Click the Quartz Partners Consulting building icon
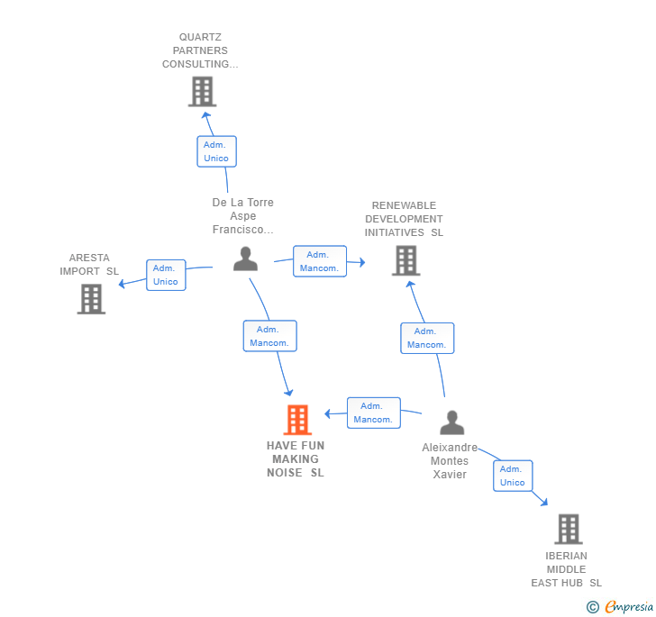pos(202,91)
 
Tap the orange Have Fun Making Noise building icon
pos(297,420)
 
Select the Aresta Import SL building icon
pos(91,299)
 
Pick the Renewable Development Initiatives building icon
pos(406,260)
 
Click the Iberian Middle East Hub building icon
pos(568,529)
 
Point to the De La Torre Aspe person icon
pos(245,259)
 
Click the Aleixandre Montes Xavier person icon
pos(451,422)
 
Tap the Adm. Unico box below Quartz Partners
pos(216,151)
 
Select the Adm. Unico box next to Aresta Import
pos(166,275)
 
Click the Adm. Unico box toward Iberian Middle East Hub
pos(513,476)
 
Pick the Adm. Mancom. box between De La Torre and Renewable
pos(320,261)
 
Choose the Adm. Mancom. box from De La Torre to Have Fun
pos(269,336)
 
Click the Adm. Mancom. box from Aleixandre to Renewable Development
pos(427,338)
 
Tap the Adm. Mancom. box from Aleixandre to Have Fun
pos(373,413)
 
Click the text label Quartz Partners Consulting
pos(200,50)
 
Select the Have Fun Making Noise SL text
pos(296,459)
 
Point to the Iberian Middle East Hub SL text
pos(566,569)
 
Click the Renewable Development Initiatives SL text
pos(404,219)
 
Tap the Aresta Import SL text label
pos(89,265)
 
